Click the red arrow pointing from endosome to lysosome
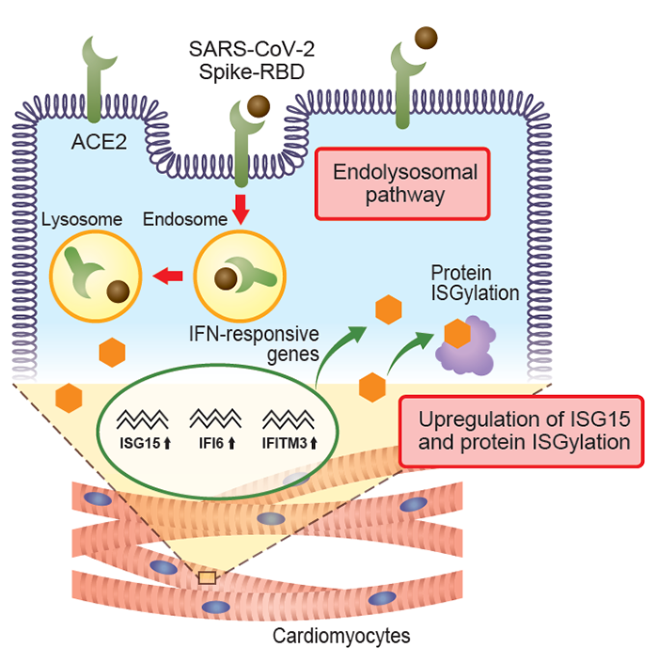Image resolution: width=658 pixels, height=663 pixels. pyautogui.click(x=168, y=276)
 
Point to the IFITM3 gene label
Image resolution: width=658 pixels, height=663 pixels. pyautogui.click(x=288, y=438)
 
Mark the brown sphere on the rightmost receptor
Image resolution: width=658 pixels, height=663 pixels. pyautogui.click(x=427, y=39)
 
